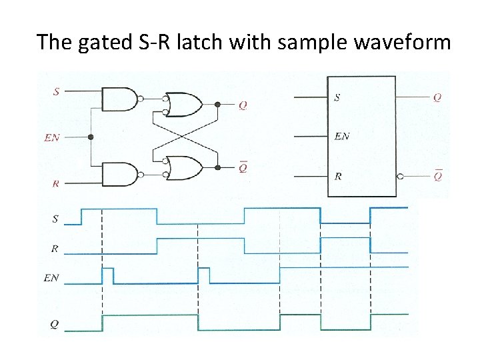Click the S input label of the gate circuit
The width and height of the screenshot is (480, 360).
56,91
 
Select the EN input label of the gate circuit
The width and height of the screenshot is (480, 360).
51,138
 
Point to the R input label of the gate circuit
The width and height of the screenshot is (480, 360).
56,182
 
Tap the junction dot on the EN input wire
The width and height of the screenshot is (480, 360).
91,137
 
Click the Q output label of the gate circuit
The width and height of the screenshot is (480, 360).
243,105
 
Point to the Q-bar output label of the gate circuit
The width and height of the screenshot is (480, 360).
243,168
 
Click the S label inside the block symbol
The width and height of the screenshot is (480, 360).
337,97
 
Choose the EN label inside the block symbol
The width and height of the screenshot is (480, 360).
341,137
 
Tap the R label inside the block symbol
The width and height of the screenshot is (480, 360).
338,177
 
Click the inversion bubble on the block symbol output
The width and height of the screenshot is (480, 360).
399,177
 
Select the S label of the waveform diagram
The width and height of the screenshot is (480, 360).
55,217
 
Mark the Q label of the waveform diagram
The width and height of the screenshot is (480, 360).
54,325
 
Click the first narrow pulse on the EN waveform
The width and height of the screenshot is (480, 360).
107,275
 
